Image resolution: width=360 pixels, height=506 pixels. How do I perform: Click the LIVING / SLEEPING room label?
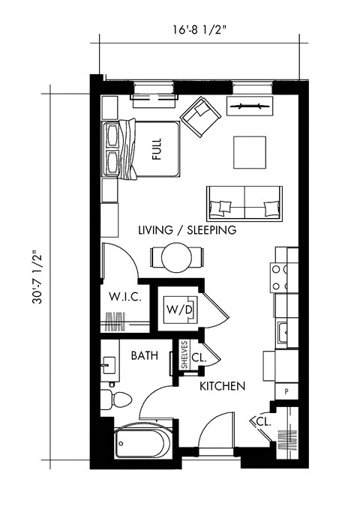pos(187,230)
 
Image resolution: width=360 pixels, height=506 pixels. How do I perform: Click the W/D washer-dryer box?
pos(180,309)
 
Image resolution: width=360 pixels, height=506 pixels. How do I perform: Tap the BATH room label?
pos(144,356)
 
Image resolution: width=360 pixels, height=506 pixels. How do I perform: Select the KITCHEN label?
pos(223,387)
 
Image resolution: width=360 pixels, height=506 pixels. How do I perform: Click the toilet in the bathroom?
pos(109,397)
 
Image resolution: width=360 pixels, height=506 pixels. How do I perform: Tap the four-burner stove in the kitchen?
pos(280,277)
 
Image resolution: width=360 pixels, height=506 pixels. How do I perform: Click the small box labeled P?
pos(286,391)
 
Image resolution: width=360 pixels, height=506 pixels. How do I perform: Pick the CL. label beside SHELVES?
pos(199,358)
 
